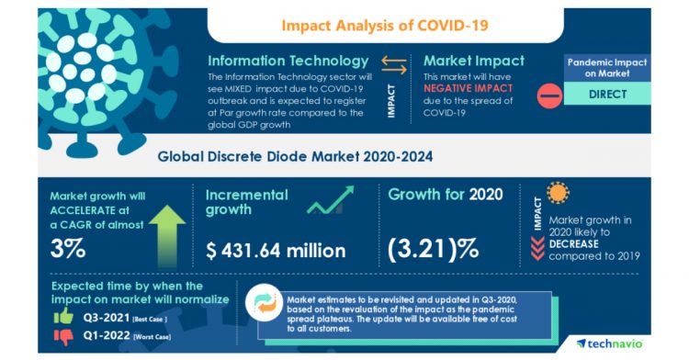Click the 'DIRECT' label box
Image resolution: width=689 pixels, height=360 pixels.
(x=608, y=94)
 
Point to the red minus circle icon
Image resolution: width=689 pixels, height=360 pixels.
(x=548, y=95)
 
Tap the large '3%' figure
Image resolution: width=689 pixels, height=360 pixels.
(x=71, y=249)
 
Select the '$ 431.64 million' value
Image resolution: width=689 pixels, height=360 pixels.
(x=275, y=249)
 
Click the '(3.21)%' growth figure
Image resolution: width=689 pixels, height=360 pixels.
(x=435, y=249)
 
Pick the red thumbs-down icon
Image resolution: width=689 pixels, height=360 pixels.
(x=64, y=337)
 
